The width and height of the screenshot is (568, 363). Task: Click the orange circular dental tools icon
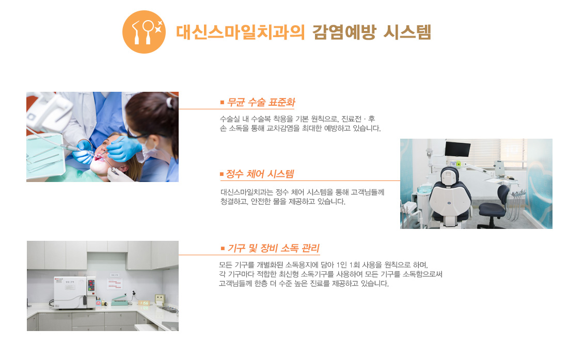point(144,32)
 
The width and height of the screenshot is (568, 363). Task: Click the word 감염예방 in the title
point(344,32)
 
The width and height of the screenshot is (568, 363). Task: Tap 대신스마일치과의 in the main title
point(240,32)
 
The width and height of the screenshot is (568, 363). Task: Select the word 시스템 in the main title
point(407,32)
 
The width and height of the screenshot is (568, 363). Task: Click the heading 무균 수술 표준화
point(261,102)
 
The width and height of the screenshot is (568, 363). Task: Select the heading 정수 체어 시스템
point(260,174)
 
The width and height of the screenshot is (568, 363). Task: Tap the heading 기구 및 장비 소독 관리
point(274,249)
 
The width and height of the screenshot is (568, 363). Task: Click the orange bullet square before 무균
point(222,103)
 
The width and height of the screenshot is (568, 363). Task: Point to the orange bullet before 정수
point(222,174)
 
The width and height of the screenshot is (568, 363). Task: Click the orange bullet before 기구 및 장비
point(223,249)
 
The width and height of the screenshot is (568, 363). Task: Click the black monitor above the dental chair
point(457,149)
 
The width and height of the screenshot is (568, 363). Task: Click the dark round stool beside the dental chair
point(492,210)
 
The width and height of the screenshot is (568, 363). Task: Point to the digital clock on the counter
point(145,303)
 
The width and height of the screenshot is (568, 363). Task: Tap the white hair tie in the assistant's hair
point(169,103)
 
